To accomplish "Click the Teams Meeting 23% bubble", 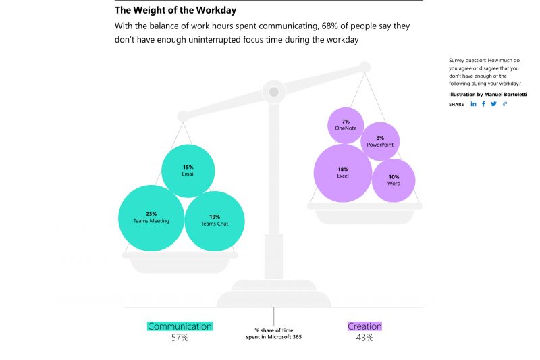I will coord(151,217).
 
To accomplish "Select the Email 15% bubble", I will coord(188,170).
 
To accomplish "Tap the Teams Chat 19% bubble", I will coord(214,220).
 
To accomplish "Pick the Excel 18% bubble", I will coord(343,173).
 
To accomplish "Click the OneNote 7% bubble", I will coord(346,125).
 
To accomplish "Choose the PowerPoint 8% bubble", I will coord(380,141).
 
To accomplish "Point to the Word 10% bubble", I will coord(394,180).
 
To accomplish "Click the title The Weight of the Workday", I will coord(175,11).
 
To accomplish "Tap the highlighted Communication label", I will coord(180,326).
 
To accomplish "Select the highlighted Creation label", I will coord(364,326).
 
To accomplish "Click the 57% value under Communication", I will coord(180,338).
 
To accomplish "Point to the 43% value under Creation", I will coord(364,338).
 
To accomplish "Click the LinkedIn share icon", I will coord(473,104).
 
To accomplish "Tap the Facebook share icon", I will coord(483,104).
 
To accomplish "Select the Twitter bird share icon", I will coord(493,104).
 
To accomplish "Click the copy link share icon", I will coord(504,104).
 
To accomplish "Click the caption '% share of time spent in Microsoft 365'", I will coord(273,334).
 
